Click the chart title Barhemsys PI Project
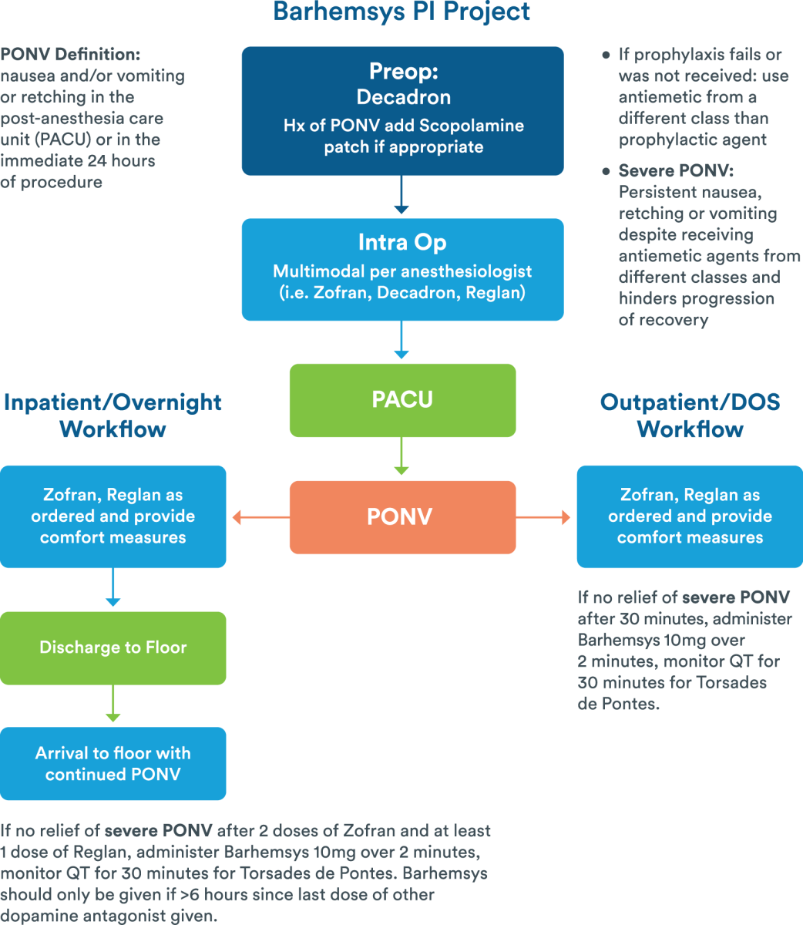401,12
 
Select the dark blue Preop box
402,111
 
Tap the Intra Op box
402,270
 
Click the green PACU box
402,400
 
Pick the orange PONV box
402,517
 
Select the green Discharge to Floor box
113,647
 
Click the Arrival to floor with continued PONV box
113,763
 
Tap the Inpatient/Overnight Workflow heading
113,415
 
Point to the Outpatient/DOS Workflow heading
690,415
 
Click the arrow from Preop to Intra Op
401,197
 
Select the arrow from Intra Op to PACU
401,341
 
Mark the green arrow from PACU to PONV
401,459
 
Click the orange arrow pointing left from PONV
259,518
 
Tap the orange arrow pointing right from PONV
544,518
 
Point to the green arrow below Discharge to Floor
113,705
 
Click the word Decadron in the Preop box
403,97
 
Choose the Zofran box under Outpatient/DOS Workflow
690,516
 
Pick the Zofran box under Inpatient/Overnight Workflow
113,516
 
